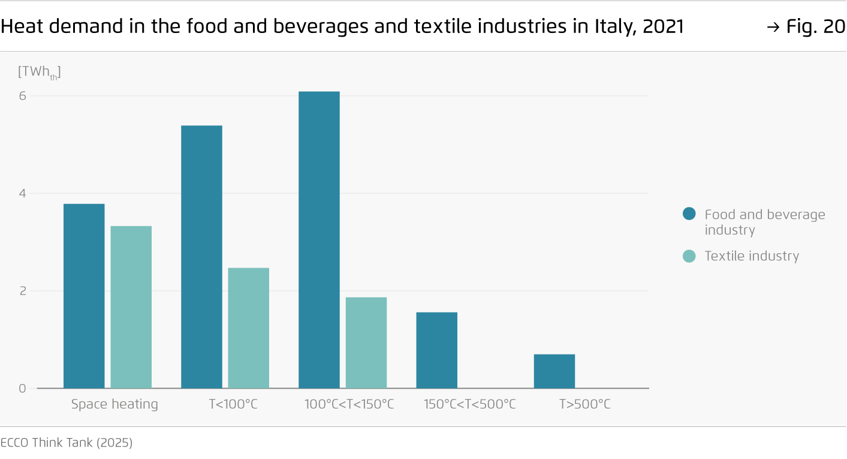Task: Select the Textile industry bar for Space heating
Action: click(x=131, y=307)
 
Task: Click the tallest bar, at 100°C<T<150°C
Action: click(x=319, y=240)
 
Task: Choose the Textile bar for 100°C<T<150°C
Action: click(x=366, y=343)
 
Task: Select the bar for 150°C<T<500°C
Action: click(x=436, y=350)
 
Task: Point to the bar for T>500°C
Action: click(x=554, y=371)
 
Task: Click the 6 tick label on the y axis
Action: click(x=22, y=96)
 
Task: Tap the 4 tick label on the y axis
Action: click(x=22, y=194)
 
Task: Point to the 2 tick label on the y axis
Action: click(x=22, y=291)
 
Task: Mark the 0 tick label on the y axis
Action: click(x=22, y=388)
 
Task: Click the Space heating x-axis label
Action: click(x=114, y=404)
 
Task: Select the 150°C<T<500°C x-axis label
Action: click(x=469, y=404)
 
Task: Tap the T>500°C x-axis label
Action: click(x=584, y=404)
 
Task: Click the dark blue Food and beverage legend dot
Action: click(x=689, y=214)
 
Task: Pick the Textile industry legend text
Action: click(x=752, y=256)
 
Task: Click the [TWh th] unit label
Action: click(x=39, y=72)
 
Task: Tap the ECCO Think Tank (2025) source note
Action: click(x=67, y=443)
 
